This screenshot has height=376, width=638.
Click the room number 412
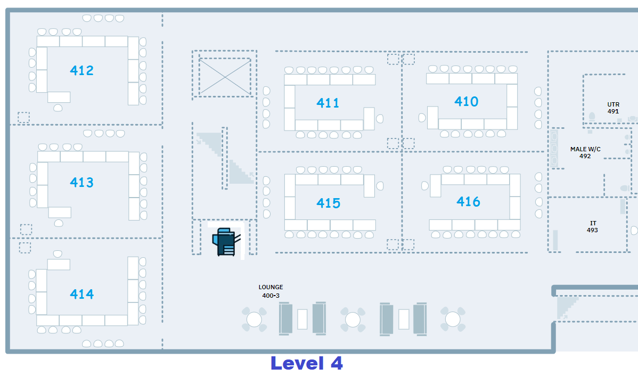pyautogui.click(x=81, y=70)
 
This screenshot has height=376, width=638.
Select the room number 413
pyautogui.click(x=81, y=183)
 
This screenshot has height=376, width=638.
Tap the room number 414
pyautogui.click(x=81, y=294)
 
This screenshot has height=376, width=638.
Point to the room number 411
pyautogui.click(x=328, y=103)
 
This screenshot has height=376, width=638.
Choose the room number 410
pyautogui.click(x=466, y=101)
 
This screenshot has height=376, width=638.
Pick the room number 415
pyautogui.click(x=328, y=203)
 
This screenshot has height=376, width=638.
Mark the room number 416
pyautogui.click(x=468, y=201)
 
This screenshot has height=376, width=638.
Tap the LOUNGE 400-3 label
pyautogui.click(x=271, y=291)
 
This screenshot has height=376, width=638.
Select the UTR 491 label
pyautogui.click(x=613, y=108)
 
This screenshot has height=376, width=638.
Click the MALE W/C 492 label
pyautogui.click(x=585, y=153)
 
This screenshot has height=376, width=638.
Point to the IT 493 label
pyautogui.click(x=592, y=227)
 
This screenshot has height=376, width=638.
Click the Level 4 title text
pyautogui.click(x=307, y=363)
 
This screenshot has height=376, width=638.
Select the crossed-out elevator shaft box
pyautogui.click(x=225, y=77)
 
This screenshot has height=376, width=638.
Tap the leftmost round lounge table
pyautogui.click(x=255, y=320)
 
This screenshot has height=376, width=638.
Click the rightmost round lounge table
pyautogui.click(x=453, y=320)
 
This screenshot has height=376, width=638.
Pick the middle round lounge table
pyautogui.click(x=353, y=320)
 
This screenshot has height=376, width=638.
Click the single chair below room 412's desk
pyautogui.click(x=58, y=108)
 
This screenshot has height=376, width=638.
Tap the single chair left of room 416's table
pyautogui.click(x=425, y=186)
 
